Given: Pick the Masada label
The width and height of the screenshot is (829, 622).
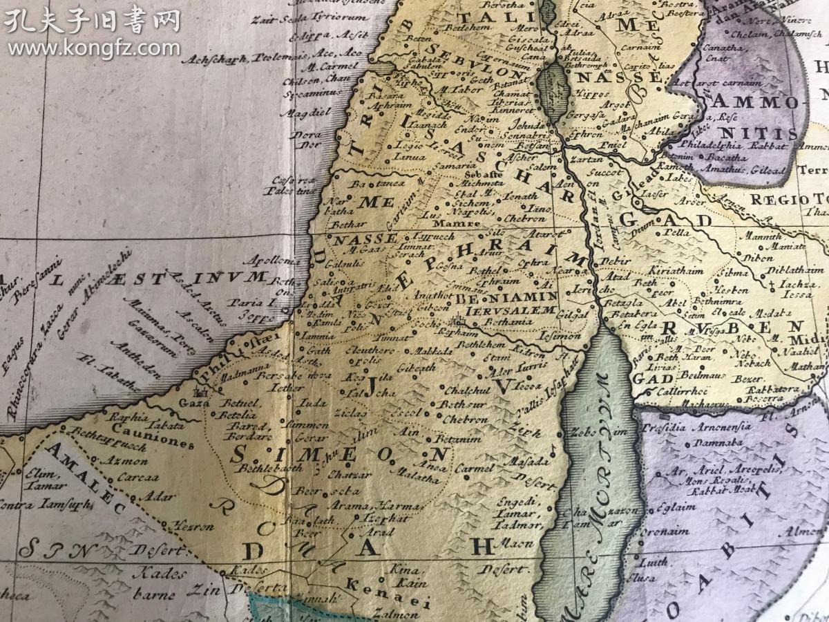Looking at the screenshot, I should [x=523, y=460].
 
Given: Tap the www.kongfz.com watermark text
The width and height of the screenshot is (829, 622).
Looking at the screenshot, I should [x=94, y=48].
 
